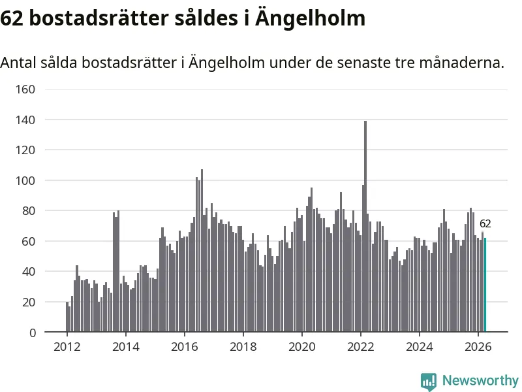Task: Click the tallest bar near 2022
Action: point(365,226)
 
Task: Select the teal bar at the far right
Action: point(485,285)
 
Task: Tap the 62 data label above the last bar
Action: point(485,223)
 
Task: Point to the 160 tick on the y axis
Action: point(25,90)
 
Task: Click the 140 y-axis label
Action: point(25,120)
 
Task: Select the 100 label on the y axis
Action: point(25,181)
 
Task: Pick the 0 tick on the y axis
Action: point(32,333)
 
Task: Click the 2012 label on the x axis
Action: point(67,347)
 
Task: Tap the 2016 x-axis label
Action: point(185,347)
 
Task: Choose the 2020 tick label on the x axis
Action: point(302,347)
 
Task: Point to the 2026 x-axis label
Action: point(478,347)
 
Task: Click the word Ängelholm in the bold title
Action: point(311,18)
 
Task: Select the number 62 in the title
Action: point(12,18)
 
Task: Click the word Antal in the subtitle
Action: point(18,62)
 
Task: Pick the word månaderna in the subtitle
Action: point(462,62)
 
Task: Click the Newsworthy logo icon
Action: point(429,382)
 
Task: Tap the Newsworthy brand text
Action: point(480,380)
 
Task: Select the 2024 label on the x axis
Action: point(419,347)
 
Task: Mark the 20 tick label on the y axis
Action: point(29,302)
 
